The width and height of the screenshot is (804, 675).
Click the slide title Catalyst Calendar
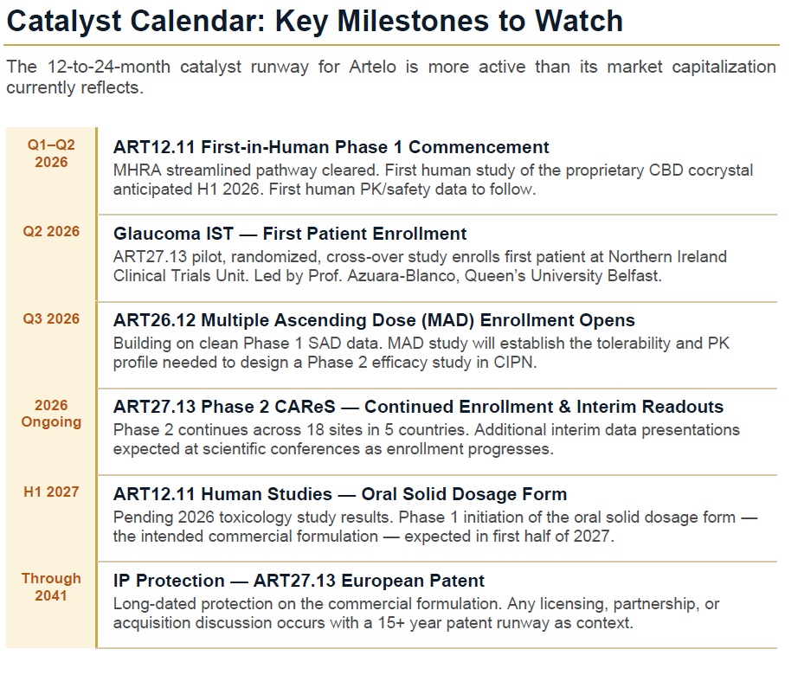coord(313,21)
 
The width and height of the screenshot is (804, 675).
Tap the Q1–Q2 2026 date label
coord(51,153)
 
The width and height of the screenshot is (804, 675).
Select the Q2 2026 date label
coord(51,232)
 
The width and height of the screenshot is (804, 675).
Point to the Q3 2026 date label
coord(51,318)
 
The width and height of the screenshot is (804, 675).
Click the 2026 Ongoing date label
coord(51,414)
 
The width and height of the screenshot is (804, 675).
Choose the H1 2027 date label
coord(51,492)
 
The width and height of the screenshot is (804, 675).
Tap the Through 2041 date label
coord(51,587)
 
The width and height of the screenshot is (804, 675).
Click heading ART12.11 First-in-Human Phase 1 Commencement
coord(331,147)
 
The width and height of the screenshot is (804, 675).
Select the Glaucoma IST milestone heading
coord(290,234)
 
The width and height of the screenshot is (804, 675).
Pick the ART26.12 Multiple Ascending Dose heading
coord(374,320)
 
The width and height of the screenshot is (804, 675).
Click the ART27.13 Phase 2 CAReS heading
coord(418,407)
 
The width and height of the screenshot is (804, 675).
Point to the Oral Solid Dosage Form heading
coord(340,494)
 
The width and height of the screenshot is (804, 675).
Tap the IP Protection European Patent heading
coord(299,581)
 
